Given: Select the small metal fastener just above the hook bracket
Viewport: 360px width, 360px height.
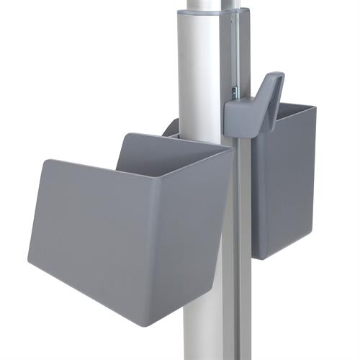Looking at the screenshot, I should point(233,92).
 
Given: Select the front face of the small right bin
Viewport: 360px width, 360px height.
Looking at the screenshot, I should point(284,187).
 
